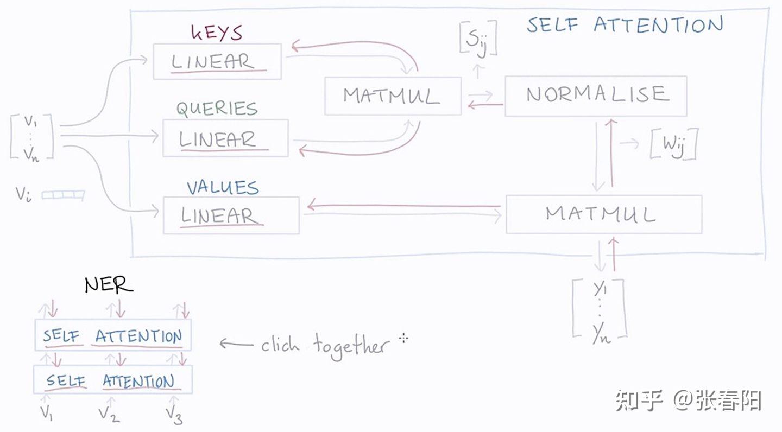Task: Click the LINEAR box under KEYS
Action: pos(217,61)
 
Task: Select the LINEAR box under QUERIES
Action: pos(226,138)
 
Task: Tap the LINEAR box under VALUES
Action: pos(231,215)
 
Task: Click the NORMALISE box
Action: pos(596,96)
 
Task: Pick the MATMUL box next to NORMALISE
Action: pos(393,96)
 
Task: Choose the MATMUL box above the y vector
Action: pos(603,214)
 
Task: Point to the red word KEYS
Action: pos(217,32)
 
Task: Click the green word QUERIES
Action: pos(217,109)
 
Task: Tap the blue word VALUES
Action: pos(223,187)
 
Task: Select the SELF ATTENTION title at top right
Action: pos(625,25)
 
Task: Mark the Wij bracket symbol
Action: pos(673,145)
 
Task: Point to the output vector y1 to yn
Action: pos(600,308)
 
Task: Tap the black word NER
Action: pos(109,284)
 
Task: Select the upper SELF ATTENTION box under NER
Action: pos(113,335)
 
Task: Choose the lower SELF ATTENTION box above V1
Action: pos(113,380)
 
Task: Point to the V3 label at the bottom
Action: pos(174,415)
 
